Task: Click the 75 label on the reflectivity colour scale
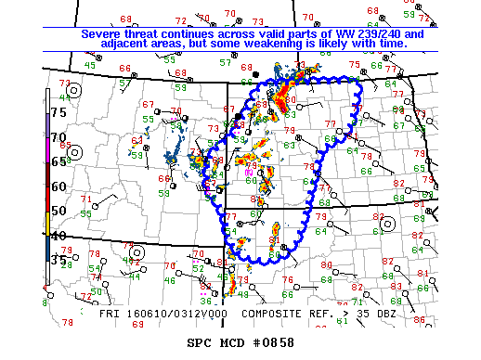[58, 111]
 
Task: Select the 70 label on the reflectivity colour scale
[58, 136]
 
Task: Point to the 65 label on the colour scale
[58, 161]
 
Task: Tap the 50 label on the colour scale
[58, 211]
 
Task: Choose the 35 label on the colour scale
[58, 260]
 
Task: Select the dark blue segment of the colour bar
[47, 248]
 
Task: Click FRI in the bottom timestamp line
[110, 314]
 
